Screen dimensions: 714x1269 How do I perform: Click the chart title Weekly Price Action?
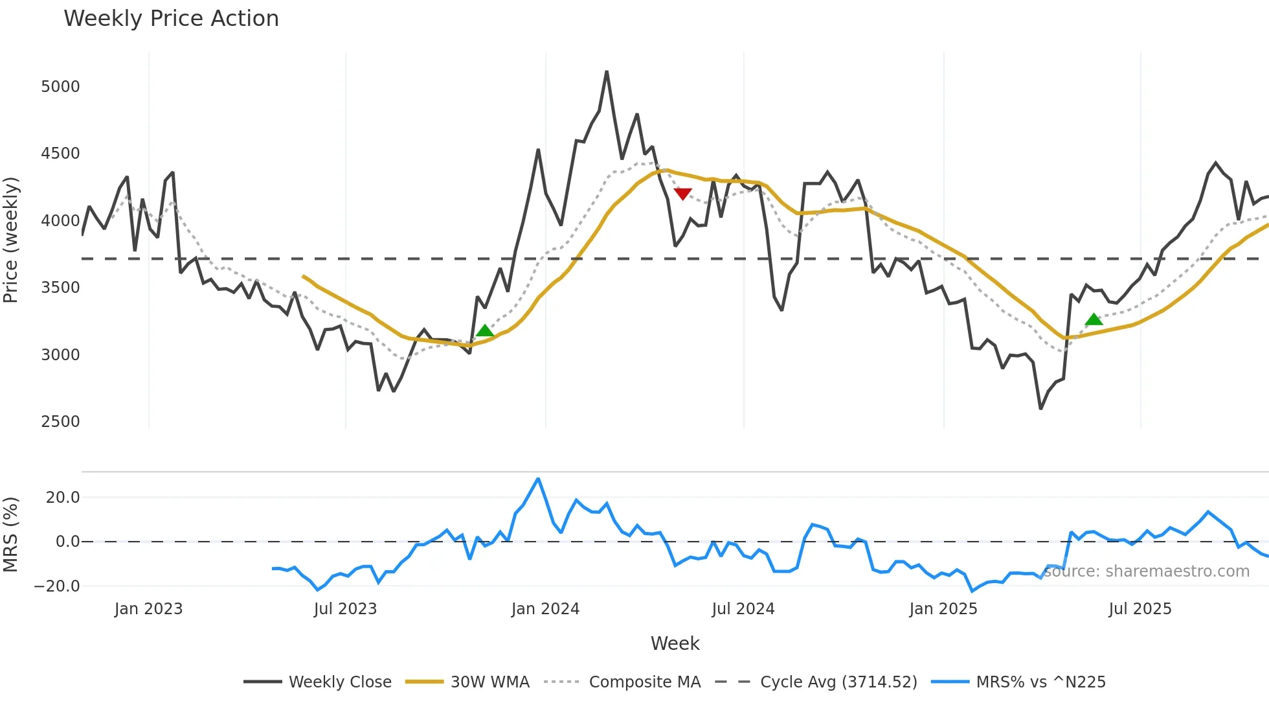pyautogui.click(x=171, y=19)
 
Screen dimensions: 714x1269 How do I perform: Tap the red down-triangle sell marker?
pyautogui.click(x=682, y=194)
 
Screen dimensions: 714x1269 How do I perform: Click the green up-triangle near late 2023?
pyautogui.click(x=484, y=331)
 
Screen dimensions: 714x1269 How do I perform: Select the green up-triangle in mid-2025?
pyautogui.click(x=1094, y=319)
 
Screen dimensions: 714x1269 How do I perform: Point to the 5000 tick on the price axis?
pyautogui.click(x=60, y=87)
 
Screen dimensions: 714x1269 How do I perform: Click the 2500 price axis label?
pyautogui.click(x=60, y=422)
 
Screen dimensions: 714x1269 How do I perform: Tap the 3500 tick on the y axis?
pyautogui.click(x=60, y=288)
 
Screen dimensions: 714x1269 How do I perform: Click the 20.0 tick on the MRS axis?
pyautogui.click(x=63, y=498)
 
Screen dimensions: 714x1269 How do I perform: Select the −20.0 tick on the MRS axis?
pyautogui.click(x=57, y=586)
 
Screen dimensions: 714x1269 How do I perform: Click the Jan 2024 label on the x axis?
pyautogui.click(x=545, y=609)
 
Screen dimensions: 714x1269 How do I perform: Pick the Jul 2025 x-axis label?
pyautogui.click(x=1140, y=609)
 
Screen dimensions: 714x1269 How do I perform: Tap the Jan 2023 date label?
pyautogui.click(x=148, y=609)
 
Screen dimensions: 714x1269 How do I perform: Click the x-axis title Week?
pyautogui.click(x=675, y=643)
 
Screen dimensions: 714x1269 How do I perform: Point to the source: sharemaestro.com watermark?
pyautogui.click(x=1146, y=571)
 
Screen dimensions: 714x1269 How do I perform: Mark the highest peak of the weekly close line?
pyautogui.click(x=607, y=72)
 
